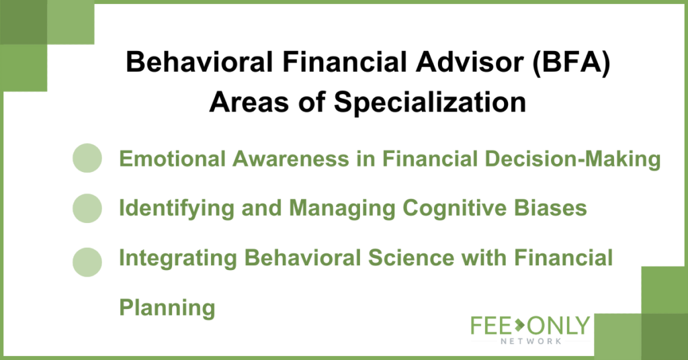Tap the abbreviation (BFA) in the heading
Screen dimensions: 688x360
pos(571,62)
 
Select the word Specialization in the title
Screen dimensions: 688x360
pos(429,103)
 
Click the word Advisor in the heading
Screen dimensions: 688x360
pos(470,61)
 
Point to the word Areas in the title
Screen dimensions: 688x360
pos(249,103)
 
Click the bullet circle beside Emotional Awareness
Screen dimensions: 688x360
pos(87,158)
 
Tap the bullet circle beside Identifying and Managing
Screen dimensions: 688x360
pos(87,208)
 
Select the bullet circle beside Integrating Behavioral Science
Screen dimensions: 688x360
pos(87,262)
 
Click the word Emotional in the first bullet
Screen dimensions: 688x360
pos(173,159)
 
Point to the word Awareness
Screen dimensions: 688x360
pos(291,159)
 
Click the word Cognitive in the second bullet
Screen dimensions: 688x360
pos(455,208)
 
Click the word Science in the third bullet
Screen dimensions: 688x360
pos(411,257)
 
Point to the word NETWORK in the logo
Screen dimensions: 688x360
pos(531,341)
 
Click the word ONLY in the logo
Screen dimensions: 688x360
pos(558,325)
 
